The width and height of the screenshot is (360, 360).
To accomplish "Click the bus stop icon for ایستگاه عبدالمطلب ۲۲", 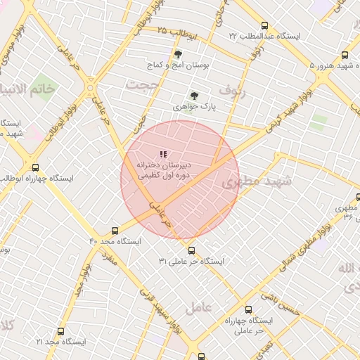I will [x=264, y=25].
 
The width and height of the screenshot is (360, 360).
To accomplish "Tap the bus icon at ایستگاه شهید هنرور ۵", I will [x=345, y=55].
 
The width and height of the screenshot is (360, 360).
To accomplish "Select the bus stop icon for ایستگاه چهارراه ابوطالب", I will [x=36, y=168].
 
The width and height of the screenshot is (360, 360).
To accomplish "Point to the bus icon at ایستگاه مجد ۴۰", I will [x=115, y=230].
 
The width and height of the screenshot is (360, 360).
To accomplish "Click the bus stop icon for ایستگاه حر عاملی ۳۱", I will [x=191, y=250].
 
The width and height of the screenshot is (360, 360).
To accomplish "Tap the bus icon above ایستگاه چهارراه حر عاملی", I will [x=248, y=309].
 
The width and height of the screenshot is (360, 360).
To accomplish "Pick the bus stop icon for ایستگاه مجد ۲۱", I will [x=60, y=330].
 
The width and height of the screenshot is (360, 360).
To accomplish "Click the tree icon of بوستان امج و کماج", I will [x=177, y=54].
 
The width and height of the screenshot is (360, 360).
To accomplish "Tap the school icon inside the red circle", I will [x=164, y=154].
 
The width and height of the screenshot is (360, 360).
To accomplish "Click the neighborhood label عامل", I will [x=199, y=308].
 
